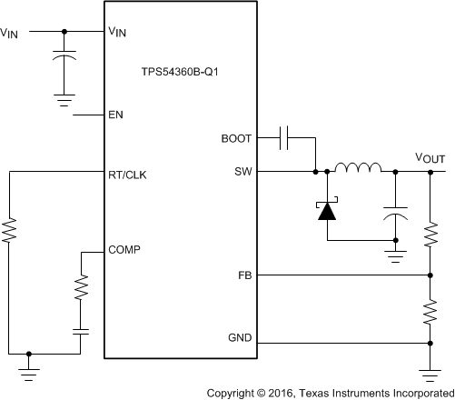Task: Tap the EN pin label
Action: click(x=115, y=115)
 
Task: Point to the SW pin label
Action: click(x=243, y=170)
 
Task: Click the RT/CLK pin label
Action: click(x=127, y=170)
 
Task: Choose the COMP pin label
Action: click(x=124, y=248)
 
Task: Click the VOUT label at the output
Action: click(x=430, y=158)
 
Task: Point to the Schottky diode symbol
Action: click(x=325, y=210)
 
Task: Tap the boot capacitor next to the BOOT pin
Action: click(x=284, y=139)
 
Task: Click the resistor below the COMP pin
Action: click(x=80, y=290)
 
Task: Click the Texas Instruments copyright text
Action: click(x=330, y=392)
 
